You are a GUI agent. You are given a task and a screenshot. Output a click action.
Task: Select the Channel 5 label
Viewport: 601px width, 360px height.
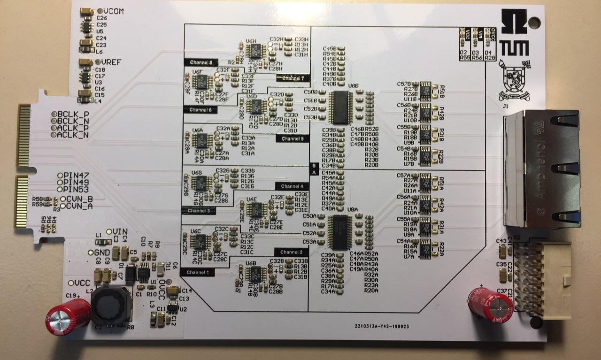(x=292, y=138)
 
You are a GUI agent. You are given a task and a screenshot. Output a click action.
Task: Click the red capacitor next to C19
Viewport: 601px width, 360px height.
(x=68, y=317)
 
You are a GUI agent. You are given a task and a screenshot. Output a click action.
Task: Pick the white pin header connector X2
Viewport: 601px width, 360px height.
(x=540, y=279)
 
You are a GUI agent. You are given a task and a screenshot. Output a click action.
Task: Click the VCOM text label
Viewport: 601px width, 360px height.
(x=114, y=11)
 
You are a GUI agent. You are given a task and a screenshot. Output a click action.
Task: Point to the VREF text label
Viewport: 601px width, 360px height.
(x=112, y=62)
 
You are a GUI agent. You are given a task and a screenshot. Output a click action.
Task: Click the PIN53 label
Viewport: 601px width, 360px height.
(x=77, y=189)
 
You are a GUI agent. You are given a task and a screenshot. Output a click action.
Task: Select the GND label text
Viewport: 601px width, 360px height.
(x=102, y=252)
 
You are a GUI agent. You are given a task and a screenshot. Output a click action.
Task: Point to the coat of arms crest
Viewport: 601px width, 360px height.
(x=515, y=82)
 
